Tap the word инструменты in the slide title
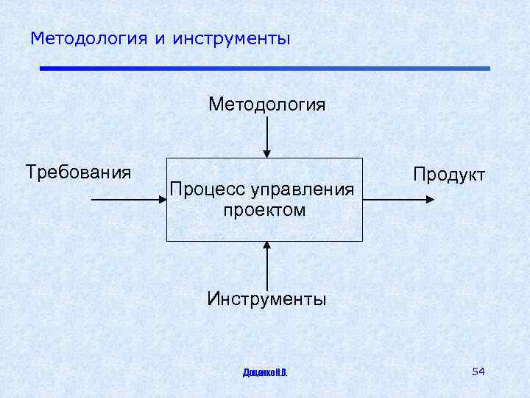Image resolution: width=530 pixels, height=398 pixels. (232, 38)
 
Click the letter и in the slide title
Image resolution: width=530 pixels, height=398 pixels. (160, 38)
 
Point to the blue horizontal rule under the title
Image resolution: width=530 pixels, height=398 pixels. (265, 69)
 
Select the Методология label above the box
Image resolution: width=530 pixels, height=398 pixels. (266, 104)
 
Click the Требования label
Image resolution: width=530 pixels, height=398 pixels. (78, 172)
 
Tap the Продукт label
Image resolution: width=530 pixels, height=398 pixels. (449, 175)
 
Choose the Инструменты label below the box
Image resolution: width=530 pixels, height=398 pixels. (266, 298)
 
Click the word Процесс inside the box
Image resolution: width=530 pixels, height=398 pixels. (208, 190)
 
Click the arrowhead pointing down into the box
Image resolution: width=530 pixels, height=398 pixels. (266, 153)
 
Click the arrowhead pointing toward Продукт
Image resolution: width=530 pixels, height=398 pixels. (430, 200)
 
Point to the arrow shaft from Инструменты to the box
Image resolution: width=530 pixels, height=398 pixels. (266, 269)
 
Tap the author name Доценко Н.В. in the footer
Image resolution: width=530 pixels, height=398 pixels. (265, 373)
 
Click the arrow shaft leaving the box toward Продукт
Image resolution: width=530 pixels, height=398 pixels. (394, 200)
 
